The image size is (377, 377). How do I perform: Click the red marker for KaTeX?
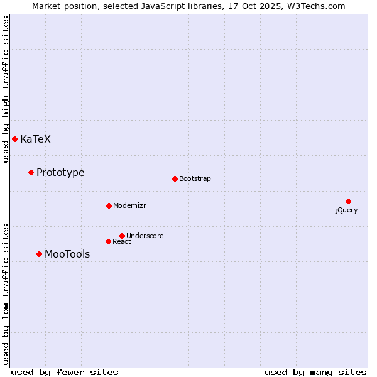tap(14, 139)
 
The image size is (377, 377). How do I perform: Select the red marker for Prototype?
tap(31, 172)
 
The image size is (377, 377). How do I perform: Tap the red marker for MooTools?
tap(39, 254)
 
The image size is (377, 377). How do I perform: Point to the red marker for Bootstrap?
tap(175, 178)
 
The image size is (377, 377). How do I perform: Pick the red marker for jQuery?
tap(348, 201)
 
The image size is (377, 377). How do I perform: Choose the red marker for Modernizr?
tap(109, 205)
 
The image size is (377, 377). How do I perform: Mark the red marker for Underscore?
tap(122, 236)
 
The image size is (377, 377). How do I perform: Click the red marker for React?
tap(108, 241)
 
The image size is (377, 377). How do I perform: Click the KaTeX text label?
tap(35, 139)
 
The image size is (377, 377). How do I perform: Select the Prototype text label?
tap(60, 173)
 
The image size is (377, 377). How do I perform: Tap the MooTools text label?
tap(67, 254)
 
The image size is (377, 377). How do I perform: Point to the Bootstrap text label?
tap(195, 179)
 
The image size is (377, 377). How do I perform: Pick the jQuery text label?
tap(346, 210)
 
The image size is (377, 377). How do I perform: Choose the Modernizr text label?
tap(129, 206)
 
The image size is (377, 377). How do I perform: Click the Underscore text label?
tap(145, 236)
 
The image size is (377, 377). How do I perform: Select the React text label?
tap(122, 242)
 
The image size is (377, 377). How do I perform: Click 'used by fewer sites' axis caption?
tap(65, 373)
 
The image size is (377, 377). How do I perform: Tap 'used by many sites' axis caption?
tap(315, 373)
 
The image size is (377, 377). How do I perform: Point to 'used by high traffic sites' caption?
tap(6, 89)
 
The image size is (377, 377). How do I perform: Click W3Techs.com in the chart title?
tap(315, 6)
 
